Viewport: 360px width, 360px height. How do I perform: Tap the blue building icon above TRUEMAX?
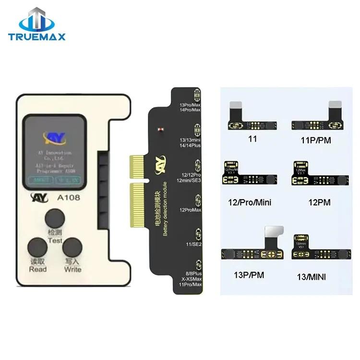(x=37, y=19)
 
